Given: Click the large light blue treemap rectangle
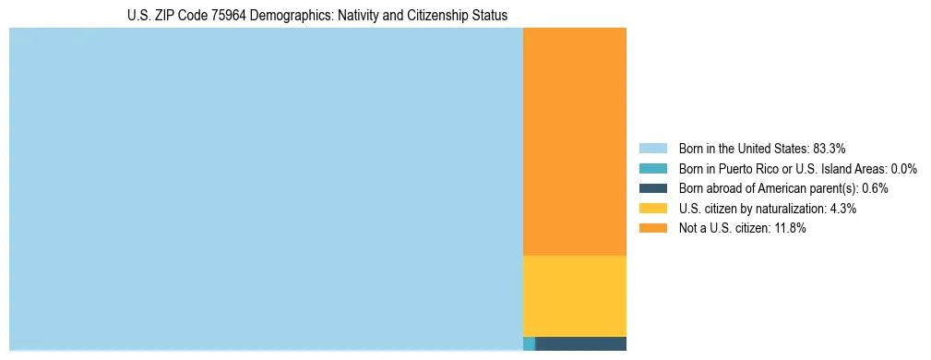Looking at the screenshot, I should point(266,188).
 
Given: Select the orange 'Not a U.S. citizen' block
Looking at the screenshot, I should point(574,141).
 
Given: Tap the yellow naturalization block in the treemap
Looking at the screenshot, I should point(574,295).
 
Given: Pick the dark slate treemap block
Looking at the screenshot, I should point(580,343).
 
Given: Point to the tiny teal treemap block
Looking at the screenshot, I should point(529,343).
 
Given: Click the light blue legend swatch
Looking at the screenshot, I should point(652,149).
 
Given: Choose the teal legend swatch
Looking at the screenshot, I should point(652,169).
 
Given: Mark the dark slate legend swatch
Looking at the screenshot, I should point(652,188).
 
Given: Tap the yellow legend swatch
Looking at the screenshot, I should point(652,209).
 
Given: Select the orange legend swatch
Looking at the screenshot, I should point(652,229).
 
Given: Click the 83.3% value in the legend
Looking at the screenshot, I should point(829,149).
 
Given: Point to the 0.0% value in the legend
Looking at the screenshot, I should point(903,169).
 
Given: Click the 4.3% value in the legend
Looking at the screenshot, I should point(842,209).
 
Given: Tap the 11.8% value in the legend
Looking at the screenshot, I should point(790,229).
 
